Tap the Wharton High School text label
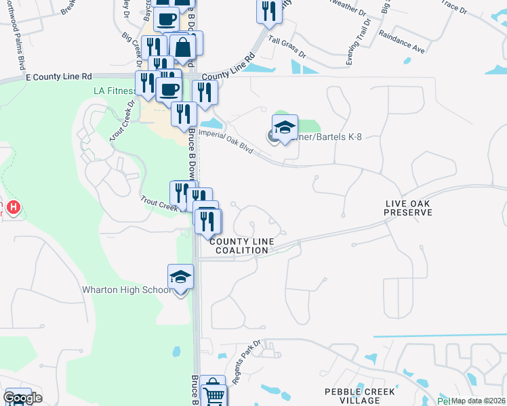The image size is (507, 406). [x=126, y=290]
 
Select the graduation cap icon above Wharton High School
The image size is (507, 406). [x=180, y=277]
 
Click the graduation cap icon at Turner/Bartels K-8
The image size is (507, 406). [x=285, y=127]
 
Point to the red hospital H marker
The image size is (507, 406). [x=13, y=206]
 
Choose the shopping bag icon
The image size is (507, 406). [x=182, y=47]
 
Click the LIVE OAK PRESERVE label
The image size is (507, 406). [x=408, y=208]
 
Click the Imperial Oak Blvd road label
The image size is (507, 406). [x=231, y=141]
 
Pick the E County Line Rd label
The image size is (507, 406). [x=58, y=78]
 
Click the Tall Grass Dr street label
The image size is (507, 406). [x=287, y=47]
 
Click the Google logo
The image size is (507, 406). [x=22, y=397]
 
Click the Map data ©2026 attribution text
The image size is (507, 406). [x=479, y=401]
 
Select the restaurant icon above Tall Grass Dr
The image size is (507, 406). [x=269, y=11]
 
